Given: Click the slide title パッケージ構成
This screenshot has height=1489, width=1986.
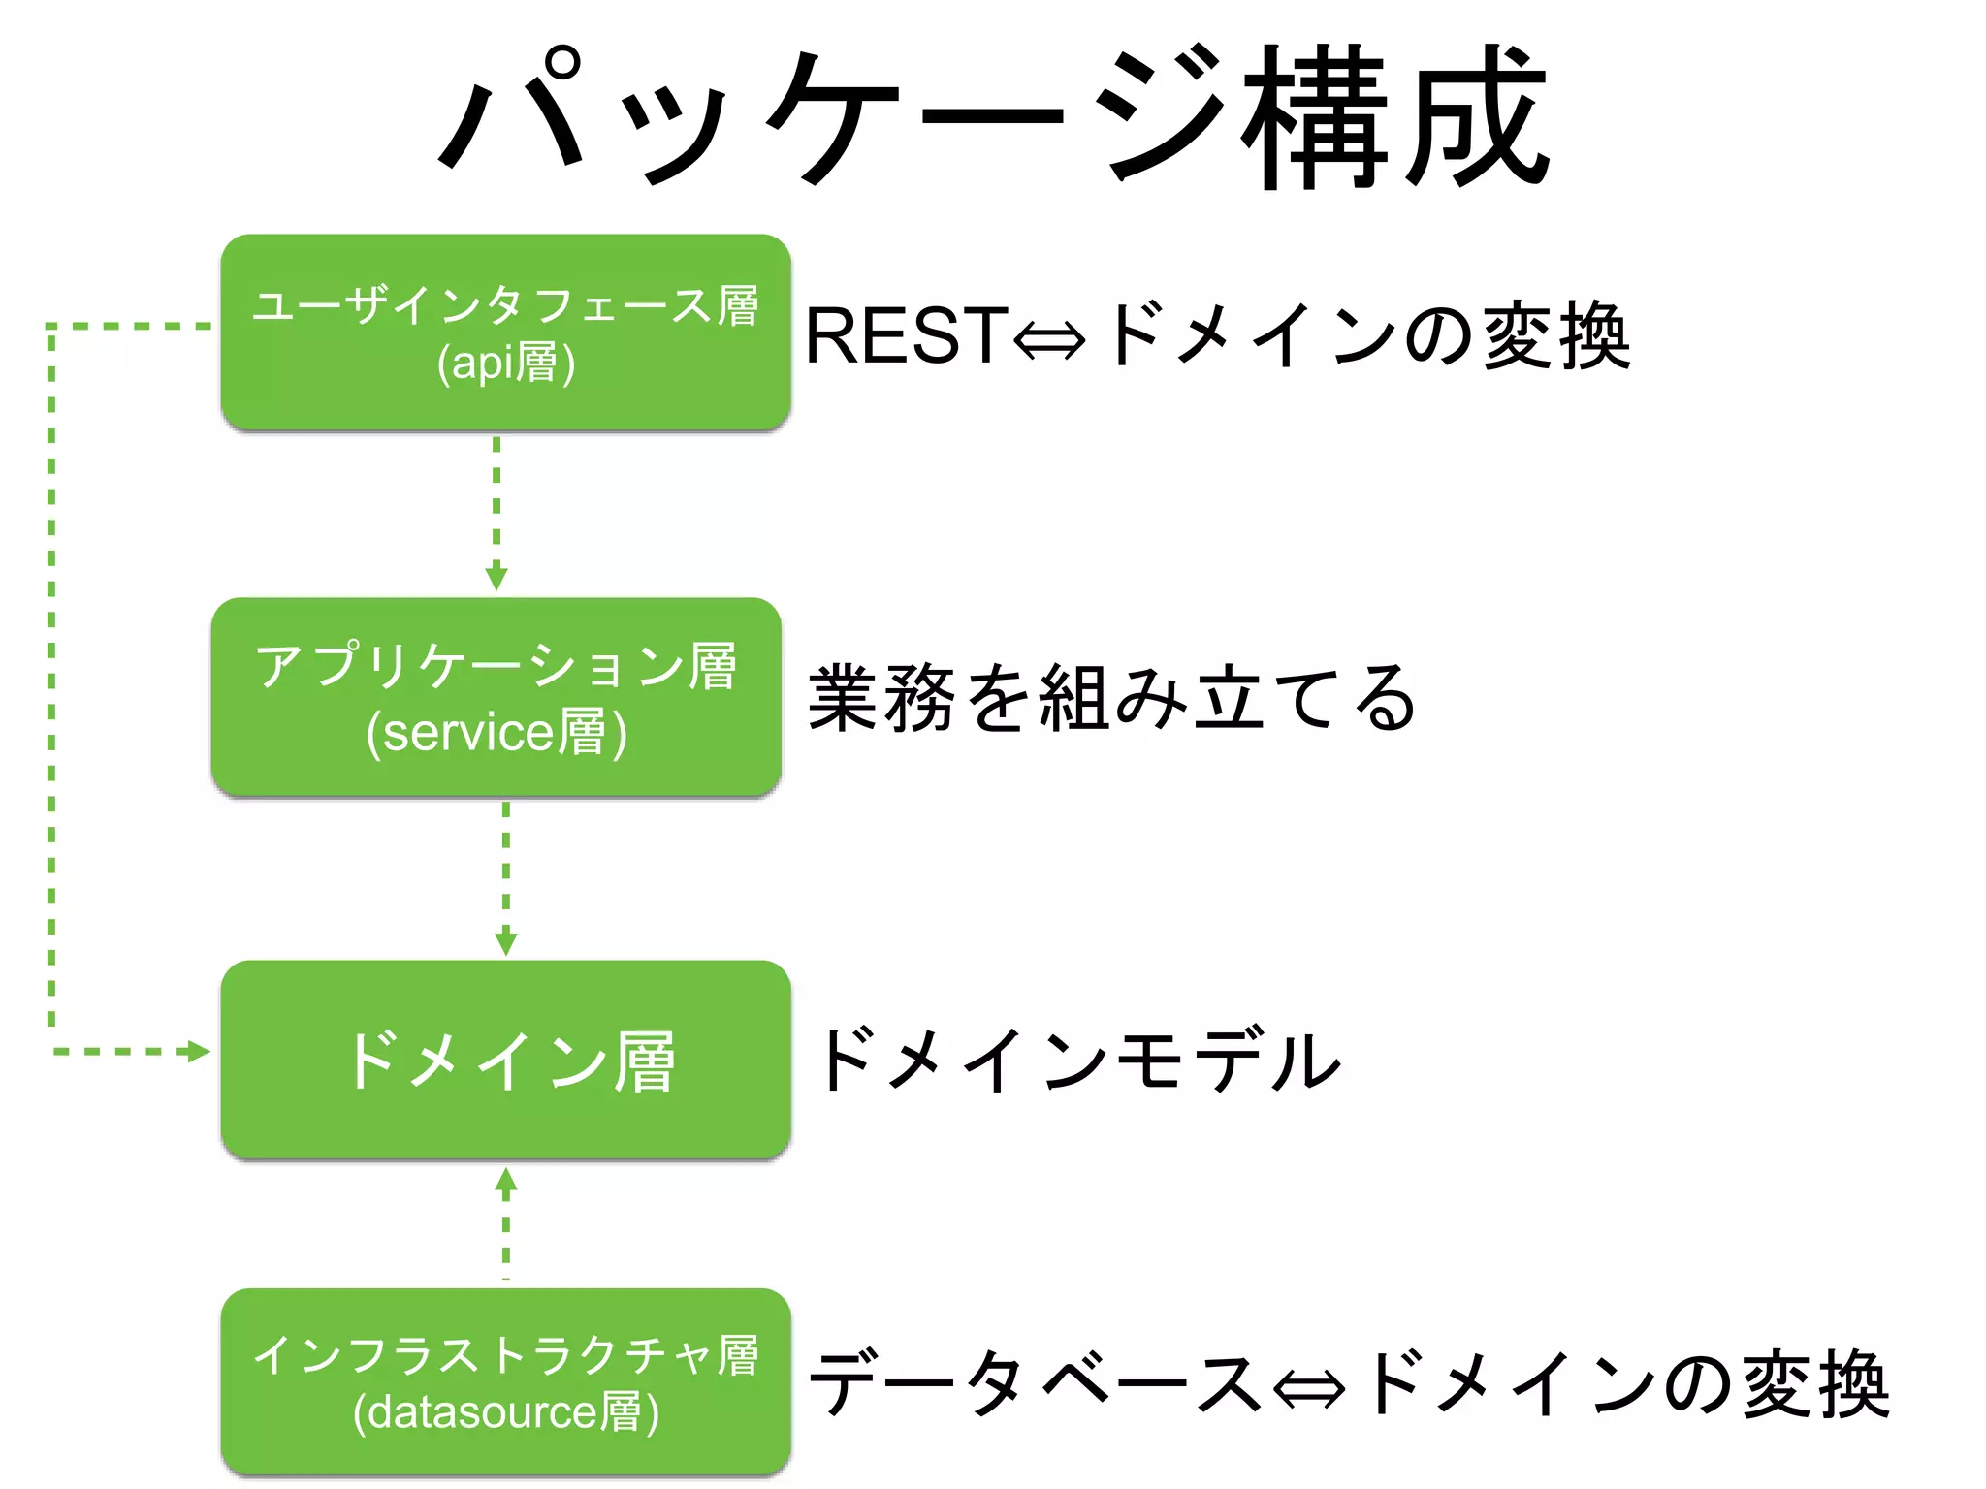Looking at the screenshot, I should [x=993, y=116].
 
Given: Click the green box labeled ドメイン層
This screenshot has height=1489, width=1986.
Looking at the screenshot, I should [x=505, y=1060].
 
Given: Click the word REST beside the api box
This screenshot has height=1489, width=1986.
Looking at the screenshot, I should [x=907, y=336].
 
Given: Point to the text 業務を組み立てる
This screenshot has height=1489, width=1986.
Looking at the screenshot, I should [x=1111, y=698].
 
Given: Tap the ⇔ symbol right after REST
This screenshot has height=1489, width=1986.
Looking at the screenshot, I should [x=1049, y=340].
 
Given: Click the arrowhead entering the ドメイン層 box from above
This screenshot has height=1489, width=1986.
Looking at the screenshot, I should [x=506, y=943].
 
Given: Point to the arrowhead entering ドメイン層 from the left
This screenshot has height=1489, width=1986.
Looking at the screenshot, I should [x=199, y=1052].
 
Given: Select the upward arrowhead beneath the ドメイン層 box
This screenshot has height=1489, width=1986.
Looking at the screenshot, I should [x=506, y=1180].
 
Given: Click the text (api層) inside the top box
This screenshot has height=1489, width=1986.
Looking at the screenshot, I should [x=506, y=364].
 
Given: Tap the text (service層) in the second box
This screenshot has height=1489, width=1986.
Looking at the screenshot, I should [x=496, y=732].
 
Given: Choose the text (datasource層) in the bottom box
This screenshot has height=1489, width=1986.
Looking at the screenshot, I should [x=506, y=1411].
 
